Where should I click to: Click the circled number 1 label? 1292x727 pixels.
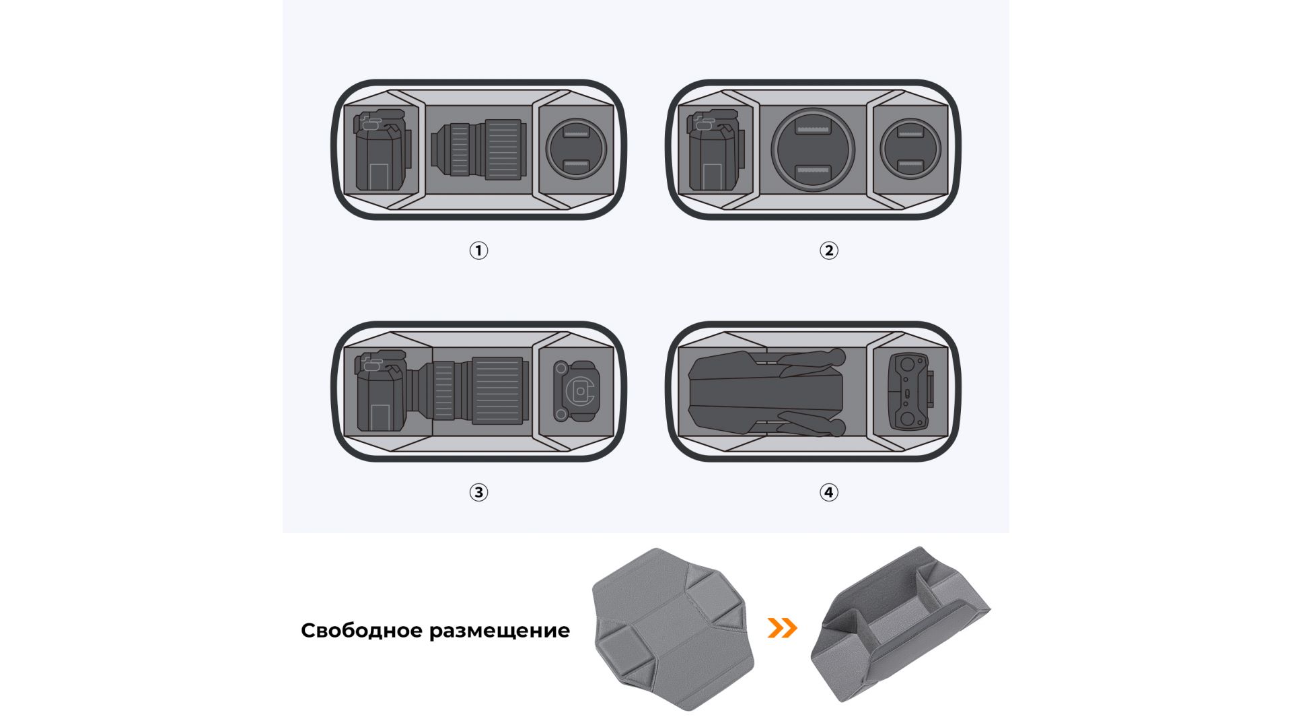point(478,250)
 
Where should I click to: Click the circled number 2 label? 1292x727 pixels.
point(828,250)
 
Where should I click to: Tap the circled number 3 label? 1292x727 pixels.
point(478,492)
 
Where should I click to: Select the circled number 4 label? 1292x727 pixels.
point(828,492)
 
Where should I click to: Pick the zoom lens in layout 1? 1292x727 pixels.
point(478,149)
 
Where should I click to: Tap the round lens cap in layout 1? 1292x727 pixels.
point(575,149)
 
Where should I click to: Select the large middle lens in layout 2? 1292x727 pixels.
point(813,149)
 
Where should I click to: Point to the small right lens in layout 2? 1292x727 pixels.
point(910,149)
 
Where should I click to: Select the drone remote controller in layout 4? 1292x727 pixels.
point(910,392)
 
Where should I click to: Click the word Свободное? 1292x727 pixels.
point(361,631)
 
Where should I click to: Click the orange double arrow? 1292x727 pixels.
point(783,628)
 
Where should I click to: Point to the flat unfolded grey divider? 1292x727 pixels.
point(673,629)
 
